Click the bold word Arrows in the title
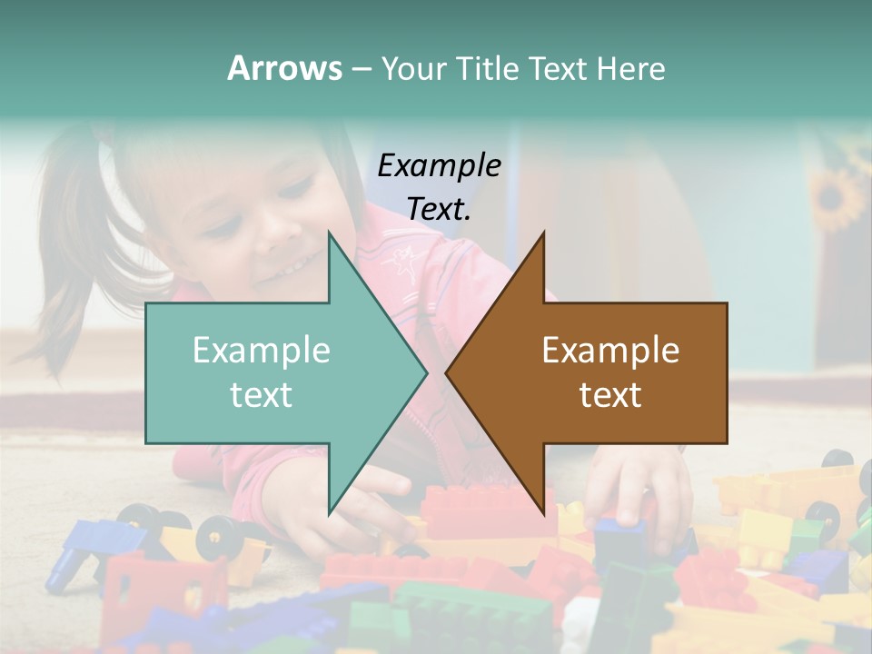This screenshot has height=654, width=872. (284, 68)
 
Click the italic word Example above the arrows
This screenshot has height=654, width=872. (439, 165)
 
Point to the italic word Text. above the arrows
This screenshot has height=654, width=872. (439, 209)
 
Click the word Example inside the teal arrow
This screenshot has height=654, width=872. (262, 350)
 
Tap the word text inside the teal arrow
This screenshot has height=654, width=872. (262, 394)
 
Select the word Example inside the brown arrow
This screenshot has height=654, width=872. (610, 350)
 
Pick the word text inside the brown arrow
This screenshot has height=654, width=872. (610, 394)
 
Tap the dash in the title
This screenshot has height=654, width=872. (361, 69)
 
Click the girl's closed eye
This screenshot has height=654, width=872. (296, 191)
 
